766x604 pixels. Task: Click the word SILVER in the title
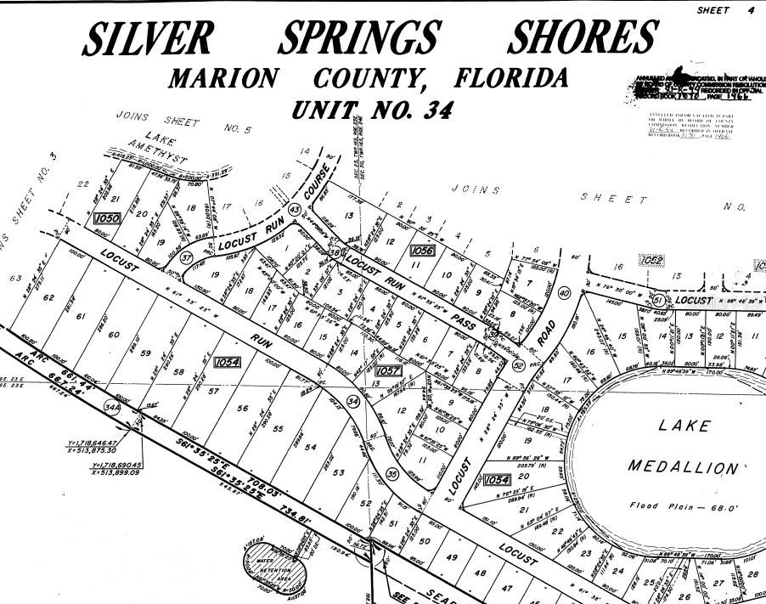(149, 38)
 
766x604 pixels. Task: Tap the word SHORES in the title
(582, 37)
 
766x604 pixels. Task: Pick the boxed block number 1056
(422, 251)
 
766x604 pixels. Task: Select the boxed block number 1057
(387, 370)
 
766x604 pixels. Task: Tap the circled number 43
(295, 209)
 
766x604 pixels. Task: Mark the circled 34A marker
(111, 409)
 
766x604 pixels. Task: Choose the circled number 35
(391, 473)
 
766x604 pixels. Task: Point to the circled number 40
(563, 293)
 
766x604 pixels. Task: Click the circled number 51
(656, 299)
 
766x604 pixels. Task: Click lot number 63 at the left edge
(14, 278)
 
